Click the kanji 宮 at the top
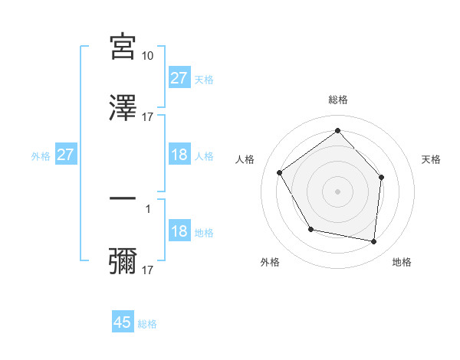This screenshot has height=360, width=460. click(123, 48)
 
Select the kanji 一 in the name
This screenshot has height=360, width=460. click(123, 199)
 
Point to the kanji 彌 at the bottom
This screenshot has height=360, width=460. click(123, 260)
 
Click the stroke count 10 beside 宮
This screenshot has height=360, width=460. click(148, 57)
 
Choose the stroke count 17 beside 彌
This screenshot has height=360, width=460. click(148, 270)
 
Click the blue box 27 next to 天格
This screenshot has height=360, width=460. click(179, 78)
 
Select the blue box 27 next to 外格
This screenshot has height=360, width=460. click(66, 155)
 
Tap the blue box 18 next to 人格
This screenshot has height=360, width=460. click(179, 155)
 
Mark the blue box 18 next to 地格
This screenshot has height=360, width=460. click(179, 232)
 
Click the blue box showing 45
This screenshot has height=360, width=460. click(123, 322)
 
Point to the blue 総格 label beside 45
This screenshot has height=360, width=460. click(147, 324)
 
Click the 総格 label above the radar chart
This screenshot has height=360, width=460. click(338, 100)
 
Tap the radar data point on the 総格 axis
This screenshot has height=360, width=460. click(337, 131)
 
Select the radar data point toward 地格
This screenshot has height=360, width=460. click(374, 241)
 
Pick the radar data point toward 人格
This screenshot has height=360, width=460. click(280, 173)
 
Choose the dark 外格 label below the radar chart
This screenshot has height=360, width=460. click(270, 262)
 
